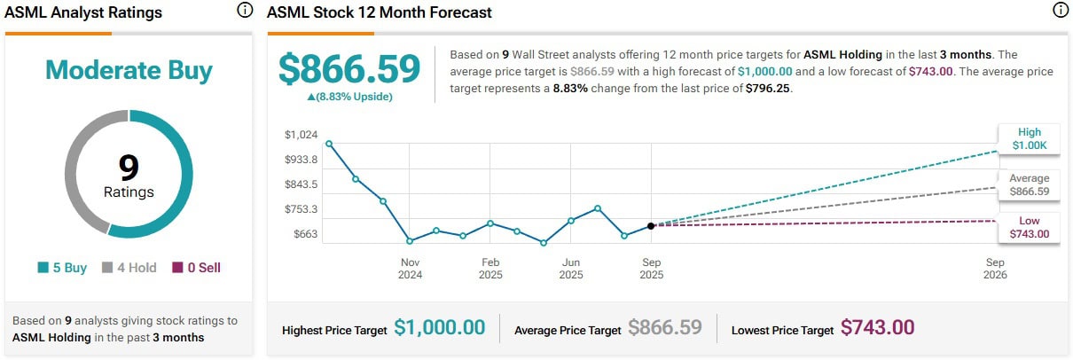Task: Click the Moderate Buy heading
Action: [x=129, y=70]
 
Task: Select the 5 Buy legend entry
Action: [x=62, y=267]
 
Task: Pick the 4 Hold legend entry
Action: [x=129, y=267]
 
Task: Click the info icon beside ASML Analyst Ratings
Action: [x=244, y=12]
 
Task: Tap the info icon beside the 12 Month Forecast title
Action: [x=1060, y=12]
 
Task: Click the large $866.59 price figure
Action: [x=349, y=70]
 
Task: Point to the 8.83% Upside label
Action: [x=349, y=97]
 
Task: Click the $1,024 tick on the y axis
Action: [x=301, y=135]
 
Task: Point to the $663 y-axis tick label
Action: [x=304, y=234]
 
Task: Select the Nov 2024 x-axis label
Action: [x=410, y=269]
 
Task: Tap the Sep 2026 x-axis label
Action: [x=995, y=269]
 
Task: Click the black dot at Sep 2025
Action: [x=651, y=226]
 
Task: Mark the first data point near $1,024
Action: [x=329, y=144]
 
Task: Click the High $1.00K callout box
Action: [x=1029, y=139]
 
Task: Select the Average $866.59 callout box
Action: [x=1029, y=184]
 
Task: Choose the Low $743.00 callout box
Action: [x=1029, y=227]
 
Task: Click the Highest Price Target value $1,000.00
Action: [x=440, y=328]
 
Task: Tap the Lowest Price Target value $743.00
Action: [x=877, y=328]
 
